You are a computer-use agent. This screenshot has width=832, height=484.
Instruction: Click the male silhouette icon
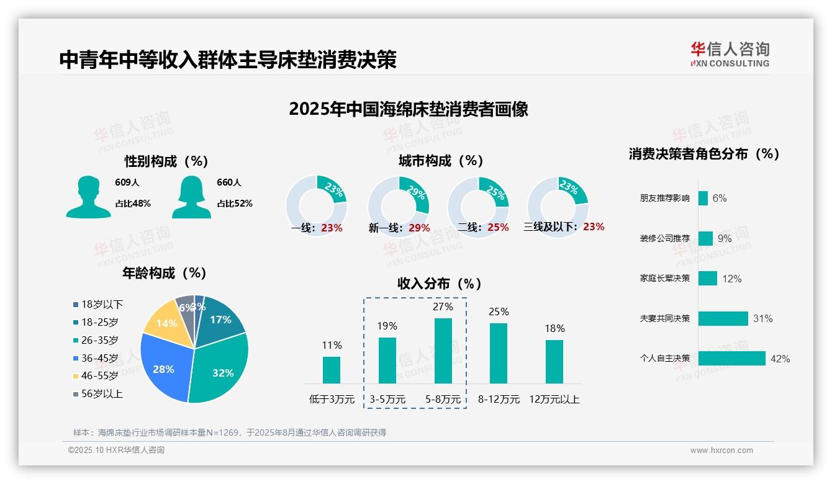click(x=88, y=197)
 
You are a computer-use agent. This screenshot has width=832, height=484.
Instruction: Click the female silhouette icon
click(x=191, y=197)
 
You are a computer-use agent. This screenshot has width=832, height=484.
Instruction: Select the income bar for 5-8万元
click(x=443, y=351)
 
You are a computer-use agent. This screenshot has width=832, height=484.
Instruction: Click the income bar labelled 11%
click(x=332, y=370)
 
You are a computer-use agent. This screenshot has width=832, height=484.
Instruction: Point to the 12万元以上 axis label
click(x=554, y=399)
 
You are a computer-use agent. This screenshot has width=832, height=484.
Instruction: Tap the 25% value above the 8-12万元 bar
click(x=499, y=311)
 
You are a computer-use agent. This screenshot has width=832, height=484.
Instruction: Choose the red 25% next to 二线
click(x=498, y=228)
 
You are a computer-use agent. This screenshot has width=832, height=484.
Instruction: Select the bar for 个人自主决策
click(x=731, y=359)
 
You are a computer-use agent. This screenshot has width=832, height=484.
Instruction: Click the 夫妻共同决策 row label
click(x=664, y=318)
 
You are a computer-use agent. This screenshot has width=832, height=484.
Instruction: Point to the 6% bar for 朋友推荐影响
click(x=703, y=198)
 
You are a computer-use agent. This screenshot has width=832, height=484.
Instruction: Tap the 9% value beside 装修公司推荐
click(x=725, y=238)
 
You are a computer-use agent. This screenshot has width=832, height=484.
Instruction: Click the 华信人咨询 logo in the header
click(x=730, y=54)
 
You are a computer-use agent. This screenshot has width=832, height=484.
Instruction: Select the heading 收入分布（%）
click(x=440, y=284)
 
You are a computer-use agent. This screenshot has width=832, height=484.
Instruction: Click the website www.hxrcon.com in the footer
click(x=721, y=450)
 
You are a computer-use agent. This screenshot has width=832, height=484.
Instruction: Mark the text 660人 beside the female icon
click(x=229, y=182)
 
